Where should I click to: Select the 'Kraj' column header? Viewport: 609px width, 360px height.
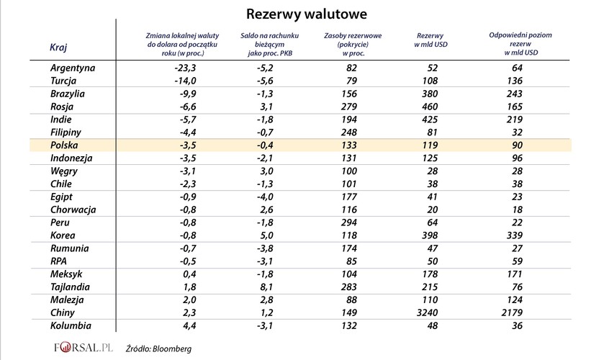click(x=59, y=48)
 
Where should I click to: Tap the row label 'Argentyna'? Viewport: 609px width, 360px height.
click(x=73, y=68)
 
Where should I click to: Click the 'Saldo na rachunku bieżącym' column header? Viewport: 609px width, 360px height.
click(x=269, y=44)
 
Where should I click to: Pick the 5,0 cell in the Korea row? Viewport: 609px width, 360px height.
click(x=266, y=235)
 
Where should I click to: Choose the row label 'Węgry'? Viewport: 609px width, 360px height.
click(x=66, y=171)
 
